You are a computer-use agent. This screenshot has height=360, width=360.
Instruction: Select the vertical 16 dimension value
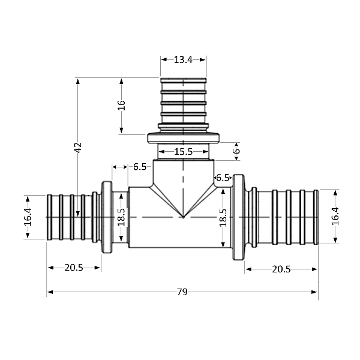pos(121,105)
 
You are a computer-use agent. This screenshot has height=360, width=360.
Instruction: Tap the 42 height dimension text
pos(77,147)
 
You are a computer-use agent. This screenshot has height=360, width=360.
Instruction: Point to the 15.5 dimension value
pos(184,152)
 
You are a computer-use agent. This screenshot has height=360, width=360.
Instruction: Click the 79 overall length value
pos(182,292)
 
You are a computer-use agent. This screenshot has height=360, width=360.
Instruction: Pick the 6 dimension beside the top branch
pos(237,152)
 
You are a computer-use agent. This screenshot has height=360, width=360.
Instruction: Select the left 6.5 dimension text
pos(140,166)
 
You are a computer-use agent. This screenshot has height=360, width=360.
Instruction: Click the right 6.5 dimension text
pos(223,177)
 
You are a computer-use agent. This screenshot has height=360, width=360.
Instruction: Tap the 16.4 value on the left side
pos(28,217)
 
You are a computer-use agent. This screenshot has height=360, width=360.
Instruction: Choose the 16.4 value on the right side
pos(335,216)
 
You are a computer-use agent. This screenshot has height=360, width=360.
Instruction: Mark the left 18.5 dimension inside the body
pos(121,217)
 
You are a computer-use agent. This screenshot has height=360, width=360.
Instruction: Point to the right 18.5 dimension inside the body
pos(223,217)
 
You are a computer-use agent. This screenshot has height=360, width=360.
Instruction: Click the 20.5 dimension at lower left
pos(74,268)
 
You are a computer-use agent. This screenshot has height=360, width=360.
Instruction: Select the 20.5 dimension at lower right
pos(281,269)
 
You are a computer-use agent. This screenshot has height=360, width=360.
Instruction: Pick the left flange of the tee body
pos(107,217)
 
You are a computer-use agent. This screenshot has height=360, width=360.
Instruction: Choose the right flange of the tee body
pos(238,217)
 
